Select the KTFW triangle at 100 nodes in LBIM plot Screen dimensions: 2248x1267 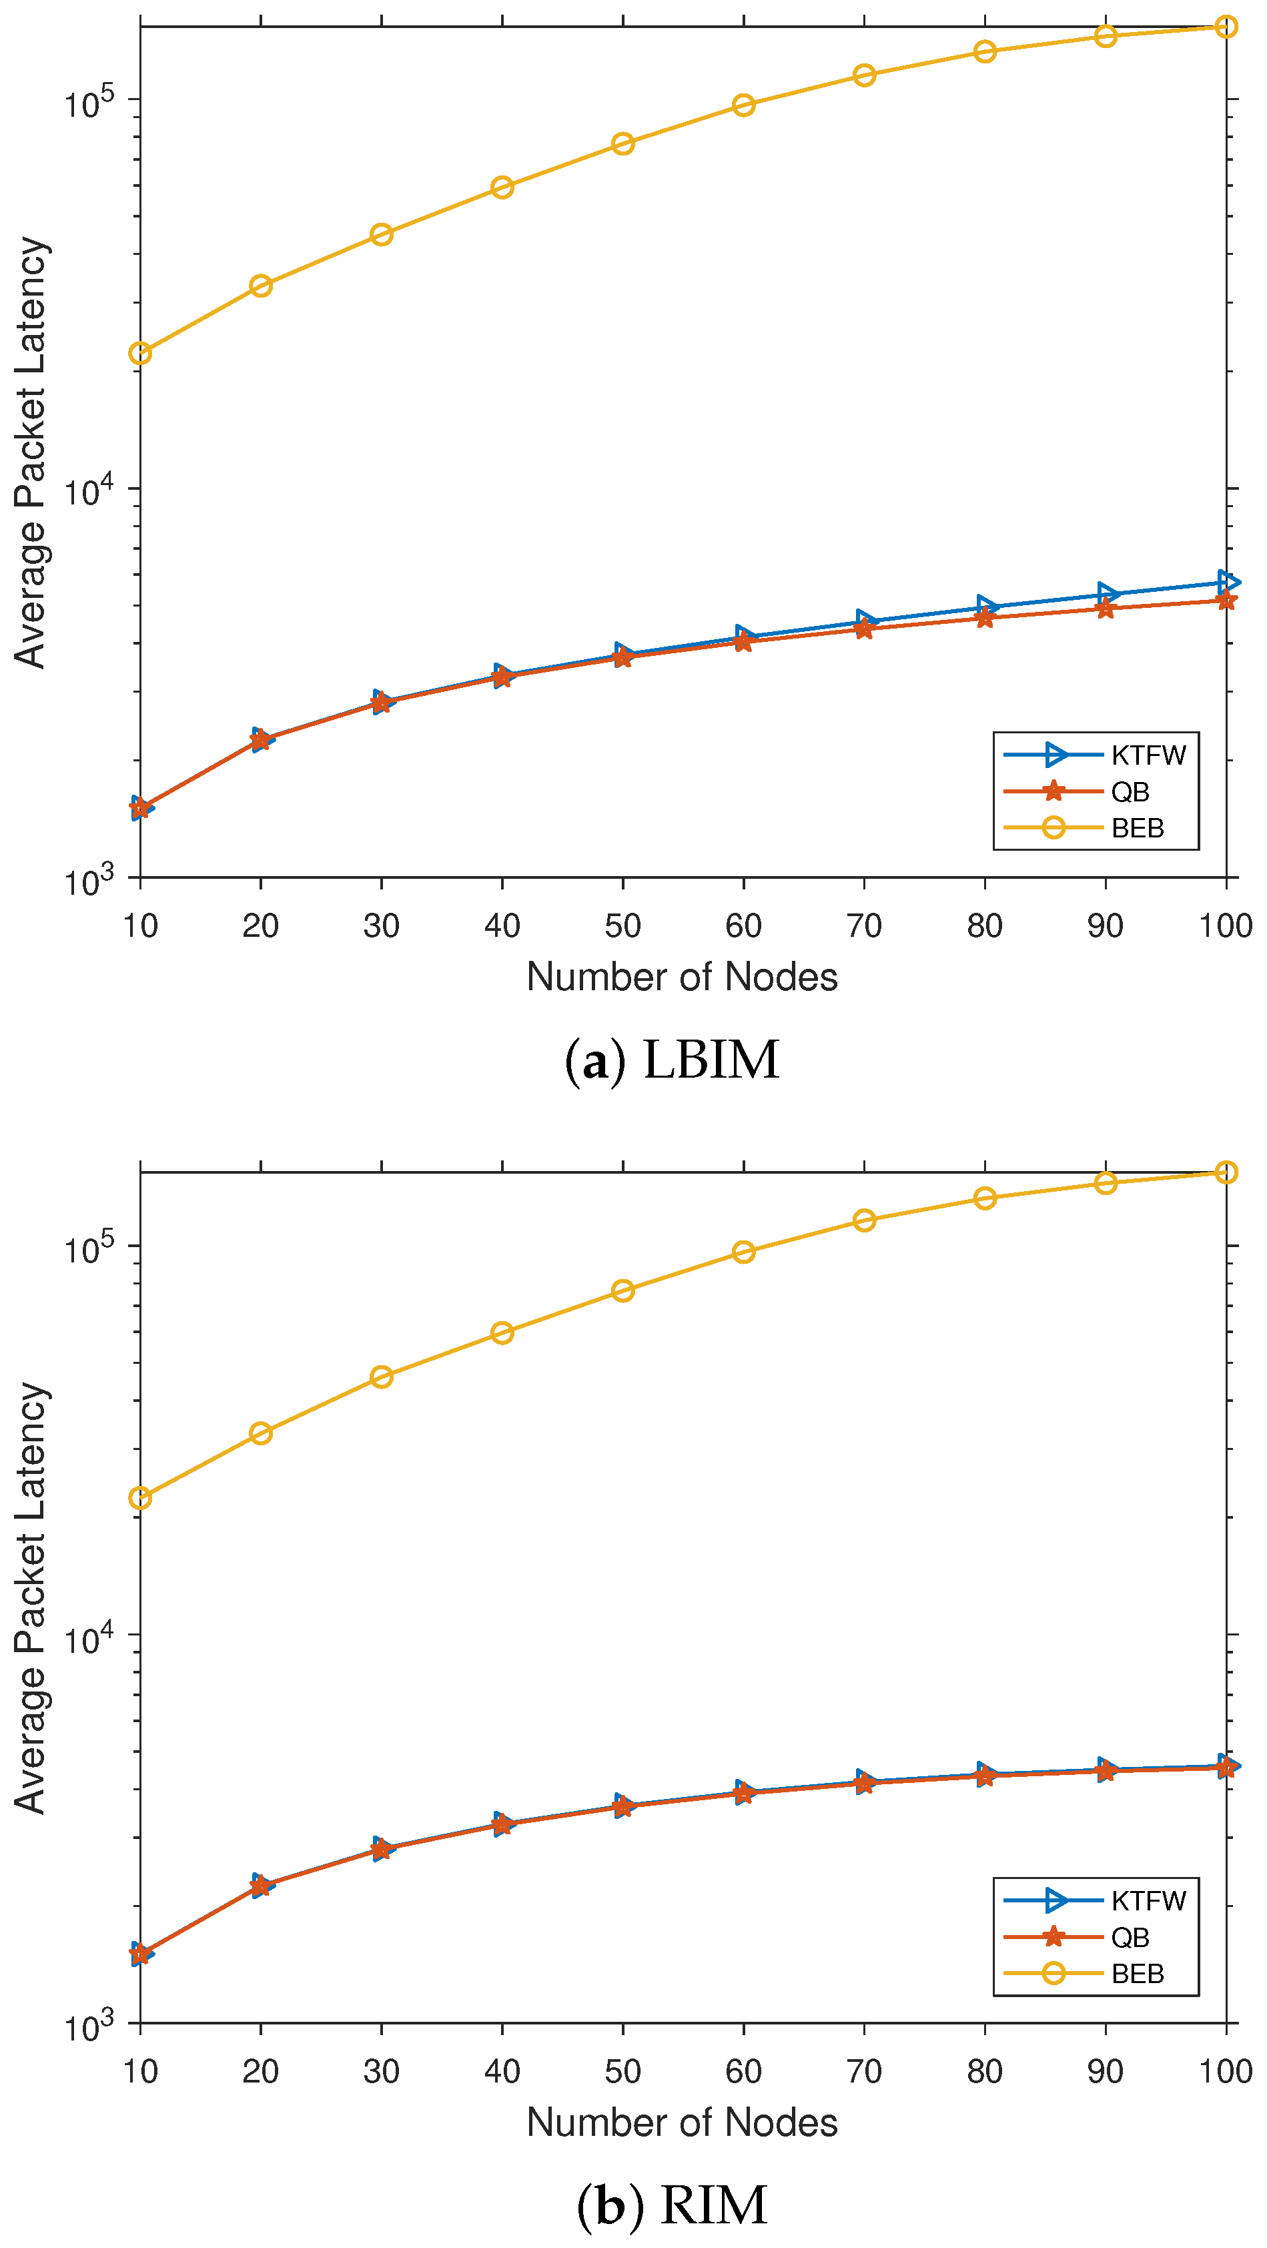tap(1228, 582)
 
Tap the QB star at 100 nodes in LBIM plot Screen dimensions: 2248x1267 tap(1226, 601)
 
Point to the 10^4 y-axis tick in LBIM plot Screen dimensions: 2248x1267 tap(90, 490)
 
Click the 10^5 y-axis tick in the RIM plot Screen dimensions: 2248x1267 tap(90, 1248)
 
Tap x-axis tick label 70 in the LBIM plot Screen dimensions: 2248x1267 tap(864, 926)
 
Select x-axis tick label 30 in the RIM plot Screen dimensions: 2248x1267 tap(382, 2071)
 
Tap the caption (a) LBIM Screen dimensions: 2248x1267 tap(672, 1061)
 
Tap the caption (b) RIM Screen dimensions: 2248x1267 tap(672, 2205)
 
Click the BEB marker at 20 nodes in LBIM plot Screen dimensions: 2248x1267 tap(261, 286)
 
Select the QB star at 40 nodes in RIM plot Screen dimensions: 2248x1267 tap(502, 1825)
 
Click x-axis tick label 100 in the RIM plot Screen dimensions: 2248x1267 tap(1225, 2071)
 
